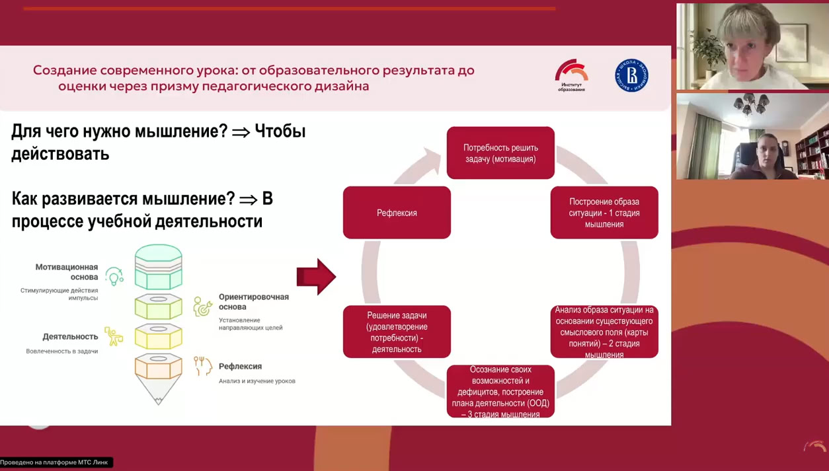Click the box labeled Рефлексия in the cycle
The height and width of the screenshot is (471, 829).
tap(397, 213)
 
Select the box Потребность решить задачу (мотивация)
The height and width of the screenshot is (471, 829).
tap(500, 153)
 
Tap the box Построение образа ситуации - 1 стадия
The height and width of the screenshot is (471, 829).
tap(604, 213)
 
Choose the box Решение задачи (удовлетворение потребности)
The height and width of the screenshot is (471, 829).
tap(397, 332)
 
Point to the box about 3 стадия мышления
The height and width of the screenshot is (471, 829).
tap(500, 392)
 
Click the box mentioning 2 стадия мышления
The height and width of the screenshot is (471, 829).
tap(604, 332)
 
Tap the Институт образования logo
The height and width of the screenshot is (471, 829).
tap(571, 75)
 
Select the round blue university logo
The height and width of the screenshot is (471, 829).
tap(631, 75)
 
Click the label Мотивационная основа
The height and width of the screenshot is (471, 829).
tap(66, 272)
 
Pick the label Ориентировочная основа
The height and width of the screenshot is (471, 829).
tap(253, 302)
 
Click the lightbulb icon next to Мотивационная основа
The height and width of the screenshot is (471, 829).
tap(114, 276)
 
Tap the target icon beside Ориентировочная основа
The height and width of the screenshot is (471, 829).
tap(202, 307)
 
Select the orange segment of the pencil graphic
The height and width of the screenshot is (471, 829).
tap(159, 367)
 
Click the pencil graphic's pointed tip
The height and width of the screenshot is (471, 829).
tap(159, 399)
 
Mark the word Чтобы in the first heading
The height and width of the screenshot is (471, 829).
tap(280, 131)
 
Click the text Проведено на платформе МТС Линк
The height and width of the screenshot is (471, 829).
tap(54, 462)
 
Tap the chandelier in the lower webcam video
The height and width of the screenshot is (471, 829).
tap(751, 104)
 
